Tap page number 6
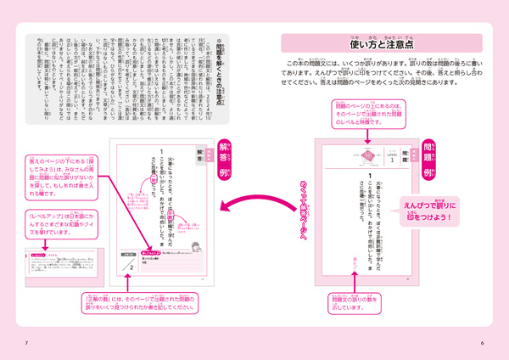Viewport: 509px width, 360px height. (481, 342)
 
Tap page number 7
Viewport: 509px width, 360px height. (27, 342)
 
